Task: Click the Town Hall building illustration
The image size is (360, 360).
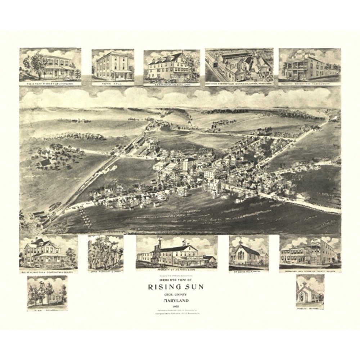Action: tap(113, 66)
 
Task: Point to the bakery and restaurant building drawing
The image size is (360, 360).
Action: tap(309, 66)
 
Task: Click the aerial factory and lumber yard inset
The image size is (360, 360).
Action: tap(239, 66)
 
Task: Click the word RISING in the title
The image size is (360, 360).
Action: tap(163, 287)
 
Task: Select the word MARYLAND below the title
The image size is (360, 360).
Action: tap(176, 300)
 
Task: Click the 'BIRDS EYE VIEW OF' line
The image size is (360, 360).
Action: tap(176, 280)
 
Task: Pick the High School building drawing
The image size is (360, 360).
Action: tap(47, 292)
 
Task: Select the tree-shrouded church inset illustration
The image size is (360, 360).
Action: tap(105, 252)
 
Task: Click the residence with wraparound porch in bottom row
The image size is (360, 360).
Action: tap(48, 252)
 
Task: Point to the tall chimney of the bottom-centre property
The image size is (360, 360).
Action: tap(159, 248)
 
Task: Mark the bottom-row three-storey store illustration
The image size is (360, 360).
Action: tap(310, 252)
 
